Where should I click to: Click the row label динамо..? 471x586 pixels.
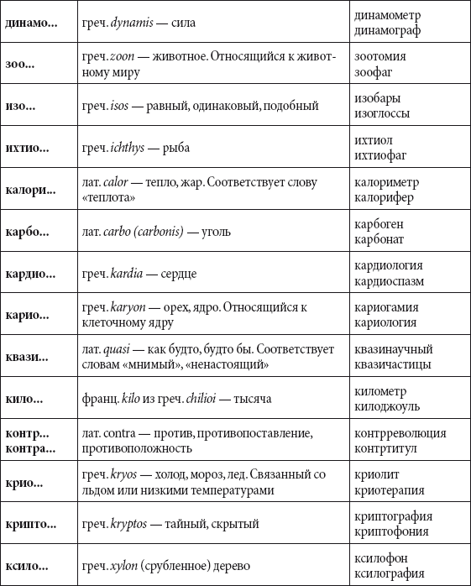click(31, 23)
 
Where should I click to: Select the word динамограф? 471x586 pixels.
click(387, 30)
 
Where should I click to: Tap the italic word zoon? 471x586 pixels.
click(123, 57)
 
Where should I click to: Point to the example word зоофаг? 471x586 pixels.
click(374, 72)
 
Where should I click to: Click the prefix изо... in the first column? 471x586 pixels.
click(20, 107)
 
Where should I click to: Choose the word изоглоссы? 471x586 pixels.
click(381, 114)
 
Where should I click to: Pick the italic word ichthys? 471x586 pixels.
click(127, 148)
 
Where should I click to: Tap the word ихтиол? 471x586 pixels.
click(374, 140)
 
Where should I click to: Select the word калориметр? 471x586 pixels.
click(387, 182)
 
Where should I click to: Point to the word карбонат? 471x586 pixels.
click(379, 239)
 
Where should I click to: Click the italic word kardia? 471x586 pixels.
click(127, 273)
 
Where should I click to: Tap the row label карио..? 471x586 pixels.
click(28, 316)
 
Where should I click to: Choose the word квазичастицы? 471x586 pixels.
click(393, 364)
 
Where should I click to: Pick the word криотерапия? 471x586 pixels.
click(389, 490)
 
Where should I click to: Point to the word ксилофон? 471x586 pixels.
click(382, 559)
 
